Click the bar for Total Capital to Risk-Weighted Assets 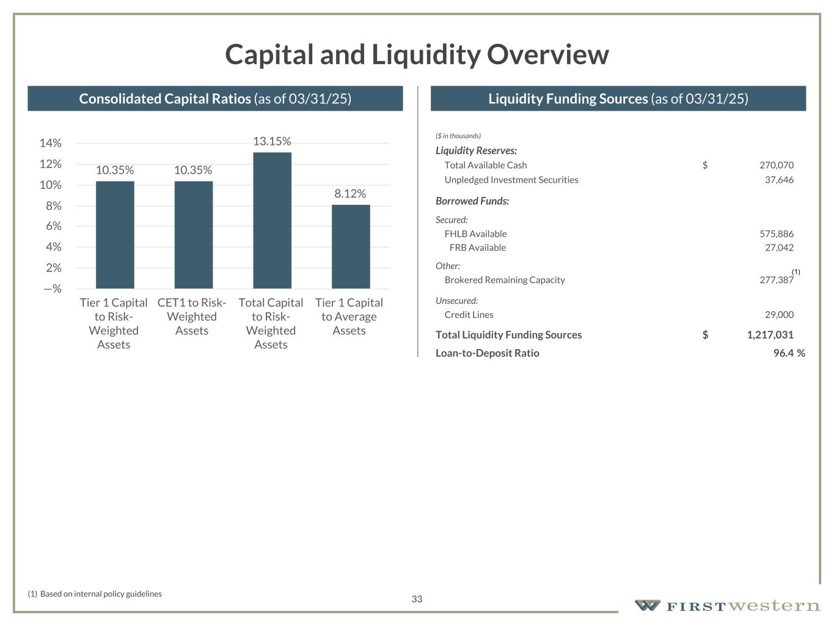[x=272, y=220]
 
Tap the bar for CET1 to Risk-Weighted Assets [x=193, y=235]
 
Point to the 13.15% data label [x=272, y=141]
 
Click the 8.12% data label [x=350, y=194]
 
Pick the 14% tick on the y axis [x=51, y=143]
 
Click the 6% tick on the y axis [x=53, y=226]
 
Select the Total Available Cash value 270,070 [x=776, y=165]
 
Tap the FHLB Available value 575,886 [x=776, y=234]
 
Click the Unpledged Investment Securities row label [x=511, y=180]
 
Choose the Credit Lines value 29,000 [x=779, y=315]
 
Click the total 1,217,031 [x=770, y=335]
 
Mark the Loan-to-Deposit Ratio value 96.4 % [x=789, y=353]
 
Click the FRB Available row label [x=477, y=248]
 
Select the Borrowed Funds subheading [x=472, y=201]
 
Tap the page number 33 [x=417, y=599]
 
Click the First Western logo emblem [x=647, y=605]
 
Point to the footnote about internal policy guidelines [x=95, y=594]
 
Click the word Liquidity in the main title [x=426, y=54]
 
